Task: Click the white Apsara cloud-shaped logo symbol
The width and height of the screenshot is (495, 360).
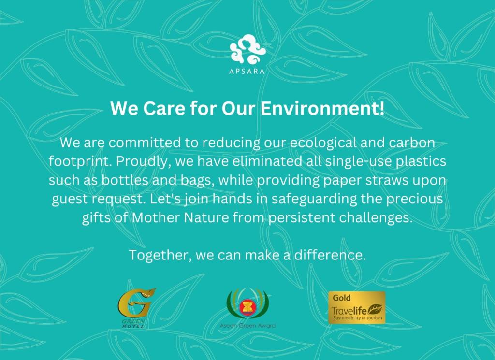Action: (x=247, y=49)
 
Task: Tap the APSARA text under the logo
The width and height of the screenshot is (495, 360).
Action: (x=247, y=72)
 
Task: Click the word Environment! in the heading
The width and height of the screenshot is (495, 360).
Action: (x=322, y=108)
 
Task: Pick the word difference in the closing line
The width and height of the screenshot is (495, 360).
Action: (x=330, y=255)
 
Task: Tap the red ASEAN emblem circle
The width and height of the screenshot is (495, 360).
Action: (x=247, y=308)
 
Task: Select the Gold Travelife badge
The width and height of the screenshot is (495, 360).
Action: (x=357, y=308)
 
